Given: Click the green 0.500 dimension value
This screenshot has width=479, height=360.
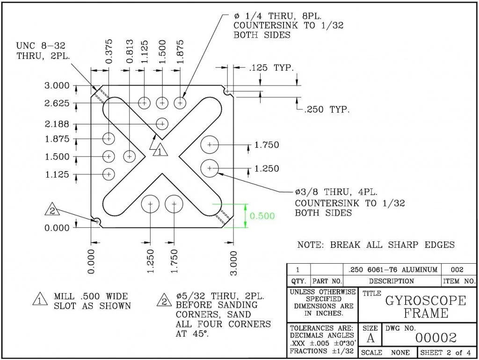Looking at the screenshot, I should (262, 216).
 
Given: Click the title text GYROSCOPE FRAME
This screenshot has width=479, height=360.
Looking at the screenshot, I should (425, 307).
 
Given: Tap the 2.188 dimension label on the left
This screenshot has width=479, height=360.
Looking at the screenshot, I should (57, 124).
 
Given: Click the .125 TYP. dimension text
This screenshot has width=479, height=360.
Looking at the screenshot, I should (271, 68).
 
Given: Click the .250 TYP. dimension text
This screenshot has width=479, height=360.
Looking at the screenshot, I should (327, 110).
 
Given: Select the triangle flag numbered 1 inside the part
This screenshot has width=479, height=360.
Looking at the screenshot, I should (159, 151).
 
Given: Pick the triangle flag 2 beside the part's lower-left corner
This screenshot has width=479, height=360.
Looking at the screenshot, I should (52, 210).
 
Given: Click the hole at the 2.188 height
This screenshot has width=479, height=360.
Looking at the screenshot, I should (162, 123).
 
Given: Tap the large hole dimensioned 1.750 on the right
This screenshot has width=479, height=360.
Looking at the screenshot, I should (210, 145).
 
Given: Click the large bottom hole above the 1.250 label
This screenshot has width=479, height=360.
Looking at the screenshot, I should (150, 204).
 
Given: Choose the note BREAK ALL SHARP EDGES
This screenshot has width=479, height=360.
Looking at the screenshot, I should (376, 245).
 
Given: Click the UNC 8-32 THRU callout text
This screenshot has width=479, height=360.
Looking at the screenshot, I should (41, 50).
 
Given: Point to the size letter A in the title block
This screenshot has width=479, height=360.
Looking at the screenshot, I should (370, 338).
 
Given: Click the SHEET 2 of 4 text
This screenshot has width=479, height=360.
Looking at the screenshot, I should (447, 352).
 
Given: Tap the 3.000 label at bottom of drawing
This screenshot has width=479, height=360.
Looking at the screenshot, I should (234, 263).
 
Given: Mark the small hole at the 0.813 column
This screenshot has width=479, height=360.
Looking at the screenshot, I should (130, 156).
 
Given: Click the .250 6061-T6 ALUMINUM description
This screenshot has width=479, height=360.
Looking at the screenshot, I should (393, 270).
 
